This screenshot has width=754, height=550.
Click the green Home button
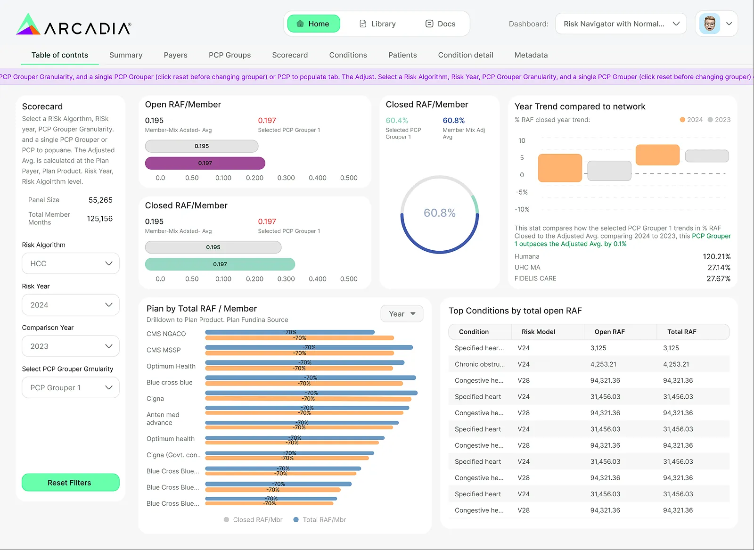(313, 24)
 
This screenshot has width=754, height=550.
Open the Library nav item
(377, 24)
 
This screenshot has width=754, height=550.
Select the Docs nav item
(440, 24)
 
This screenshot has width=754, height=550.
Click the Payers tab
(175, 55)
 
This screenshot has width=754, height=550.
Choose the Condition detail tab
(466, 55)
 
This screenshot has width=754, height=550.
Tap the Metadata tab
(531, 55)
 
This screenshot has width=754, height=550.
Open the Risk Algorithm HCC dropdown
(71, 263)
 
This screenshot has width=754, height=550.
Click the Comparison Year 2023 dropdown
(71, 346)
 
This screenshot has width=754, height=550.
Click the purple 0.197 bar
(205, 163)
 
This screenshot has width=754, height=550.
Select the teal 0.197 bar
(220, 264)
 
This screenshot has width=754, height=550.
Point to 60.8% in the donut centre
(439, 213)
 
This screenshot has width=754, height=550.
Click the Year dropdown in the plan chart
(402, 314)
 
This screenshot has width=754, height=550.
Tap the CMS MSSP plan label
(164, 350)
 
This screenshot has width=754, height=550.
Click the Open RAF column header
(610, 331)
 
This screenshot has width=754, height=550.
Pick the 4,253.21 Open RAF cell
(603, 364)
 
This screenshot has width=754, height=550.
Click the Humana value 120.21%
(717, 256)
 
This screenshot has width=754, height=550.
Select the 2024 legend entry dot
(682, 120)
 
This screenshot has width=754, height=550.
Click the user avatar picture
(710, 24)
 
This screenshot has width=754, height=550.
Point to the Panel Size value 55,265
(100, 200)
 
